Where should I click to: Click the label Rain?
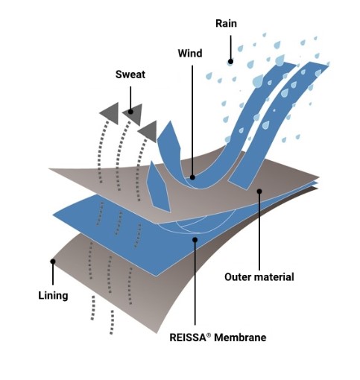226,24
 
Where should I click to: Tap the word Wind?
190,54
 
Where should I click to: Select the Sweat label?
130,75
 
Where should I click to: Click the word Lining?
53,296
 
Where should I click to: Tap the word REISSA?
188,338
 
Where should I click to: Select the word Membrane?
240,338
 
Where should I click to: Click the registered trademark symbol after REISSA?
209,335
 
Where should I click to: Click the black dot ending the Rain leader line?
230,61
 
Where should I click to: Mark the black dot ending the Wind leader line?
192,177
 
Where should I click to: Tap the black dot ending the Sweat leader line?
130,112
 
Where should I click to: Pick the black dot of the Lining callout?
53,262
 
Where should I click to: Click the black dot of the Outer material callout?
259,191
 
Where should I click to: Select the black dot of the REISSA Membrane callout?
195,240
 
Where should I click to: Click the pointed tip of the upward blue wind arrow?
170,121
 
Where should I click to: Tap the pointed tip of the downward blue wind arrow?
170,212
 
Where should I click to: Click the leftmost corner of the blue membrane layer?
53,215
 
